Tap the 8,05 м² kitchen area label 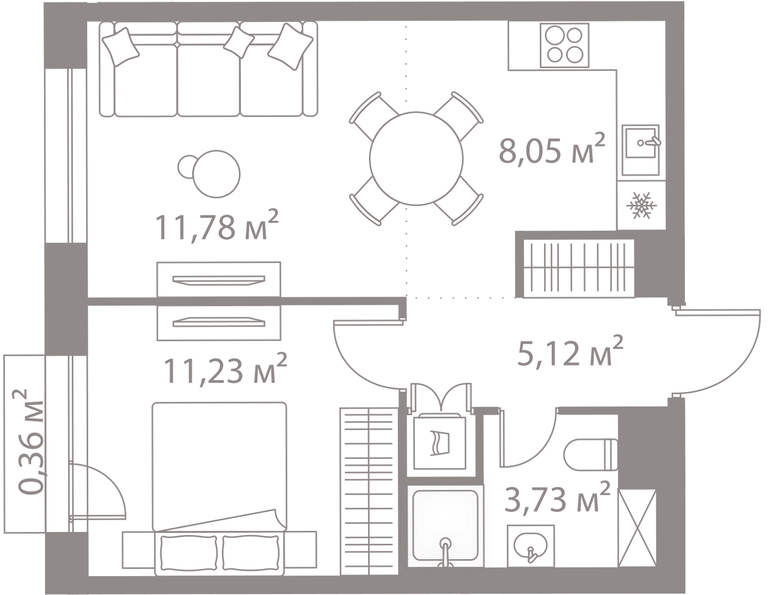pyautogui.click(x=551, y=150)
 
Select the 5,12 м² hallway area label pyautogui.click(x=570, y=352)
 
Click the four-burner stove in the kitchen pyautogui.click(x=564, y=45)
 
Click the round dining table pyautogui.click(x=416, y=159)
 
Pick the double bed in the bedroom pyautogui.click(x=219, y=471)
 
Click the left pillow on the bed pyautogui.click(x=188, y=552)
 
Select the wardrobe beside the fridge pyautogui.click(x=578, y=268)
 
